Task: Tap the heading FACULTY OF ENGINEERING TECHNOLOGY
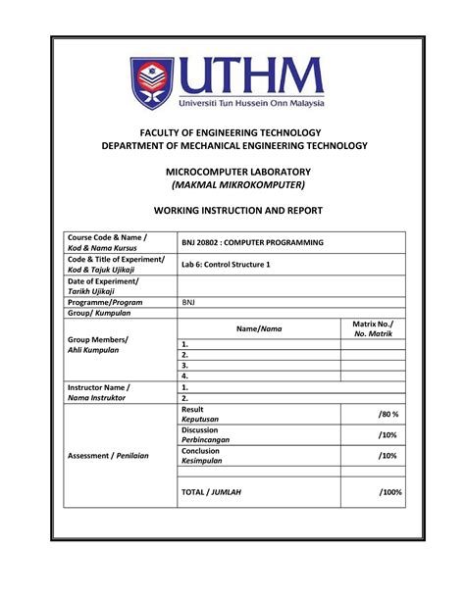(232, 131)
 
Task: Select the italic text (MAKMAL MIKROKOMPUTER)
(232, 184)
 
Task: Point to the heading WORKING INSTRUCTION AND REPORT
(232, 211)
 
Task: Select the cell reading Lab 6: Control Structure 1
(226, 265)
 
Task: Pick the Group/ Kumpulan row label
(98, 315)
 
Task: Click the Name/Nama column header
(258, 329)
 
